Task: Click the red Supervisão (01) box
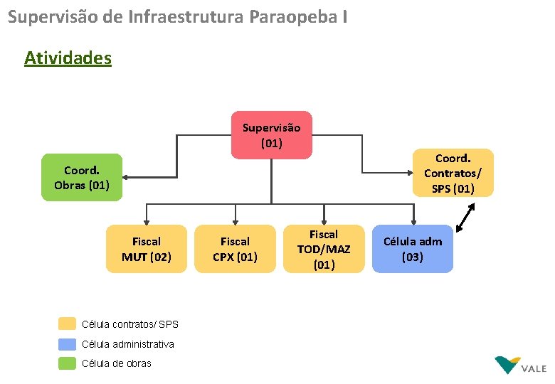click(x=271, y=135)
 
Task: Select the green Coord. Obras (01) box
click(x=81, y=178)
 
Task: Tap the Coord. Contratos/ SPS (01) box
click(x=453, y=173)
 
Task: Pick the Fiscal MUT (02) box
click(x=147, y=249)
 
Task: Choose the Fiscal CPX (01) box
click(x=235, y=249)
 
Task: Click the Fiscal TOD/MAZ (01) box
click(x=324, y=249)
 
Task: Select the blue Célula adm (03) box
click(x=412, y=249)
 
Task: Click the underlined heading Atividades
click(x=68, y=58)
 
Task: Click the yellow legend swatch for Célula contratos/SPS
click(x=67, y=324)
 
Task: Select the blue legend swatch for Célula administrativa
click(x=67, y=344)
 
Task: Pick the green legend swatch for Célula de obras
click(x=67, y=363)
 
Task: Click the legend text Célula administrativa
click(x=128, y=344)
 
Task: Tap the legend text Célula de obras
click(x=117, y=363)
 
